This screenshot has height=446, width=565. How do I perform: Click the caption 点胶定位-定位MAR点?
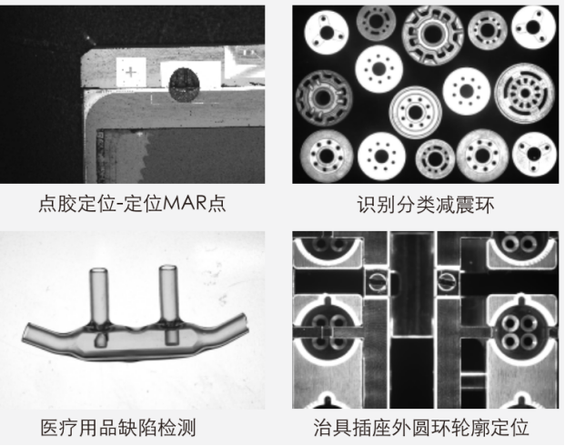click(x=132, y=204)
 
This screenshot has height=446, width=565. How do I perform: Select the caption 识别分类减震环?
click(x=426, y=205)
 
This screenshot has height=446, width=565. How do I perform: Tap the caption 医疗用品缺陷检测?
click(x=118, y=428)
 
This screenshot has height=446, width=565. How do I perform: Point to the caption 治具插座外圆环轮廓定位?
click(x=421, y=428)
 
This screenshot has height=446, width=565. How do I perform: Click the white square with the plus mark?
click(x=131, y=72)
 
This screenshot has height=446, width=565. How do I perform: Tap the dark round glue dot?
click(x=184, y=85)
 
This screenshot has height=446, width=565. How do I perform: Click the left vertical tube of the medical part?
click(x=99, y=296)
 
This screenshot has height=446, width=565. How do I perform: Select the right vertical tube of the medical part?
click(x=168, y=293)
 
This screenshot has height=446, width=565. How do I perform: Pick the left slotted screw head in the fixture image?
click(x=377, y=281)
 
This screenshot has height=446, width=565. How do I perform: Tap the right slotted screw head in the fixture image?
click(x=447, y=280)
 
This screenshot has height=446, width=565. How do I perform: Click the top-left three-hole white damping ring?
click(x=327, y=33)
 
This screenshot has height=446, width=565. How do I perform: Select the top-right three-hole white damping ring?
click(x=534, y=27)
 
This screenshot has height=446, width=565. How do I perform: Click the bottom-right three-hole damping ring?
click(x=534, y=155)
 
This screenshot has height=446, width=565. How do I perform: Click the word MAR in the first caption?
click(x=186, y=203)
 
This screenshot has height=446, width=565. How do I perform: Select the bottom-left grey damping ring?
click(x=327, y=156)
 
